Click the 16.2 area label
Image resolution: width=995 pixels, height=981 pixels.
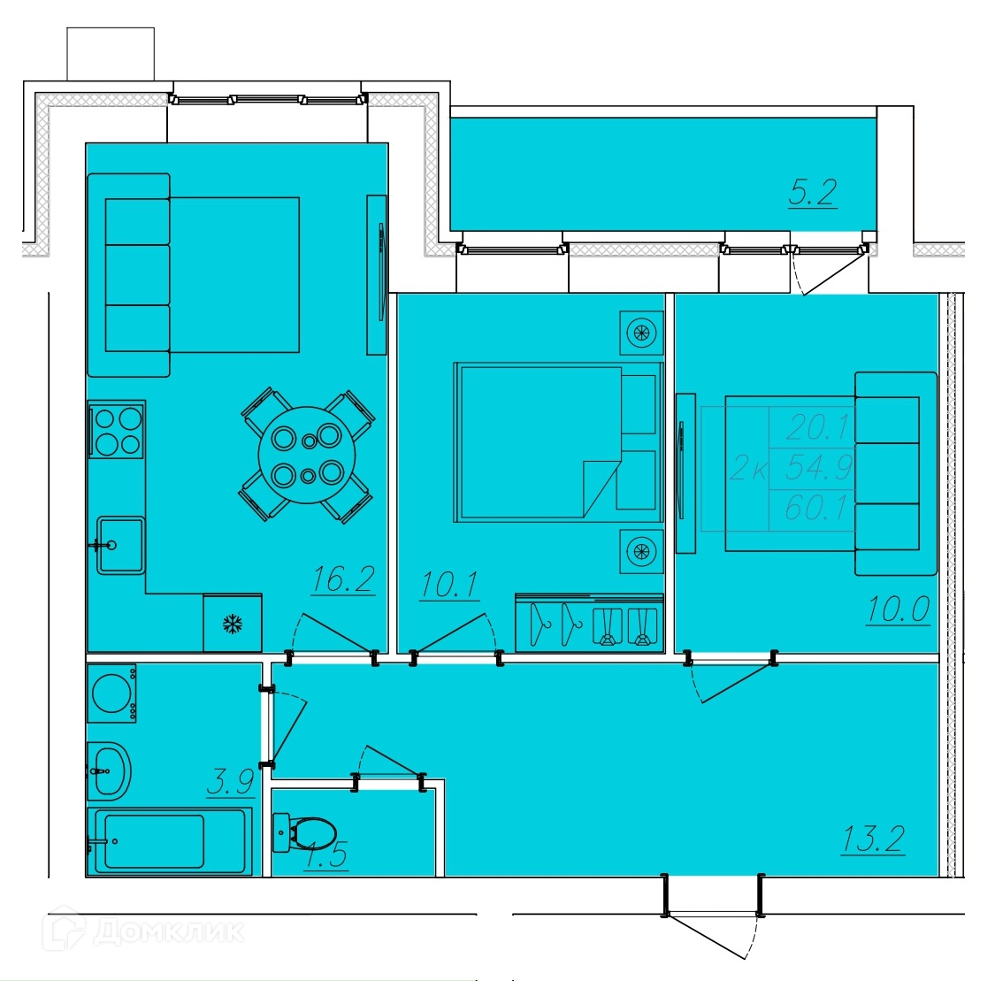point(343,579)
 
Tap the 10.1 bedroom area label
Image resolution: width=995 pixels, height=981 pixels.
point(449,585)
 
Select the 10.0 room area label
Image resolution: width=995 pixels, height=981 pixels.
point(899,609)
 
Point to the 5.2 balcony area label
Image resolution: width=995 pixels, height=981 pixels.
point(813,192)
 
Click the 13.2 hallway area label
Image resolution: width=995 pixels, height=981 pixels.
point(873,839)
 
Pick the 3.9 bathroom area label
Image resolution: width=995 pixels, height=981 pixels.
point(230,782)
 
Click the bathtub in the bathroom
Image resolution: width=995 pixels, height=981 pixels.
point(170,840)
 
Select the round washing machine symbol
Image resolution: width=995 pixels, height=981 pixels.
point(111,693)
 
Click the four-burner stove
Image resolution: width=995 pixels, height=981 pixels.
point(118,429)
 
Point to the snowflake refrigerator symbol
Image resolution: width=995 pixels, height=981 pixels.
point(233,624)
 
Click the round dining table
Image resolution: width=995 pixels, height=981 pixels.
point(307,455)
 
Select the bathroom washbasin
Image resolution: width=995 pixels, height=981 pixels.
point(109,771)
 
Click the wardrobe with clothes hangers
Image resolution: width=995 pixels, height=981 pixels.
point(590,623)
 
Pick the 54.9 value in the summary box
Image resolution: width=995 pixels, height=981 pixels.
point(819,468)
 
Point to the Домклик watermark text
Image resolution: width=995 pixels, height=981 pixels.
point(169,931)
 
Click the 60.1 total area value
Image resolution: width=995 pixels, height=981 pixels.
point(816,508)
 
